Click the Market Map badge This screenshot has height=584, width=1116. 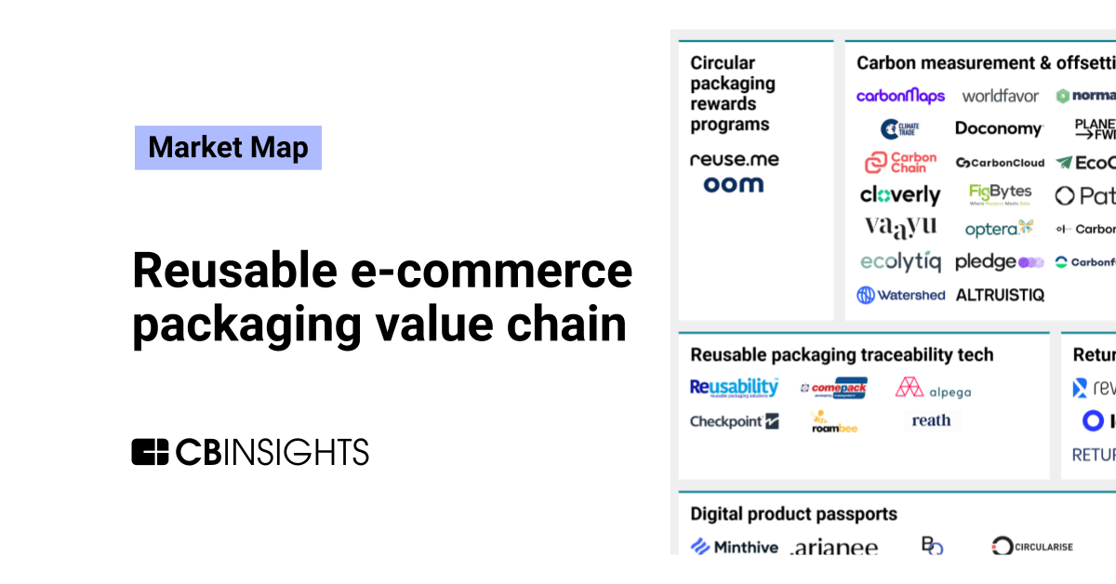[x=228, y=148]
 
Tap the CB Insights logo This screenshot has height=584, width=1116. [x=250, y=451]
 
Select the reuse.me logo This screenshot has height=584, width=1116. [x=735, y=159]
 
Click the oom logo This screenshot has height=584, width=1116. [x=734, y=184]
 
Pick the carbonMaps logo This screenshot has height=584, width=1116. [x=900, y=96]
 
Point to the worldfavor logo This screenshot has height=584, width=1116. [x=1001, y=96]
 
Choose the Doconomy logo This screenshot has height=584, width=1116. [x=999, y=128]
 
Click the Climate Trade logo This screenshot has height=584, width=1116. [x=900, y=128]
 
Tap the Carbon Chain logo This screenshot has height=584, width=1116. [x=900, y=163]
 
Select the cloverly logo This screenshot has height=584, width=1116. [x=900, y=195]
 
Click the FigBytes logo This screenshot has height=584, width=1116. [x=1001, y=194]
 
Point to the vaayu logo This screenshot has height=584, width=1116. [x=900, y=227]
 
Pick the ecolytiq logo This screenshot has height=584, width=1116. [x=900, y=262]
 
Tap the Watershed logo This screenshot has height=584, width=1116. [x=900, y=295]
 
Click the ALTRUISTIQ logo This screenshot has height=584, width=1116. [x=1000, y=295]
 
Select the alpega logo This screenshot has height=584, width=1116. [x=933, y=389]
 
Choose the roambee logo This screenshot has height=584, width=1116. [x=833, y=422]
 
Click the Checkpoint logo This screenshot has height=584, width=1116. [x=734, y=421]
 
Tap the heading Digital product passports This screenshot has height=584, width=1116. [x=793, y=513]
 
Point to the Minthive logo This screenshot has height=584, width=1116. [x=734, y=547]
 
